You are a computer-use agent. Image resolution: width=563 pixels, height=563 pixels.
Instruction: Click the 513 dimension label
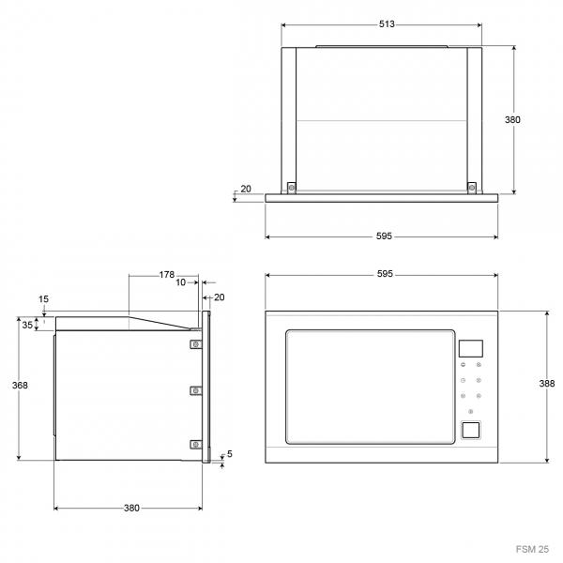pos(387,24)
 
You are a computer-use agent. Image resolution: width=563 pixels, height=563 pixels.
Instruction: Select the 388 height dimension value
pos(547,384)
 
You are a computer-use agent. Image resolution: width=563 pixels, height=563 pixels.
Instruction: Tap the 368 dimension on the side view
pos(20,386)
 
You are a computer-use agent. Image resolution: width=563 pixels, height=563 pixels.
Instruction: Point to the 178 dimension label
pos(167,275)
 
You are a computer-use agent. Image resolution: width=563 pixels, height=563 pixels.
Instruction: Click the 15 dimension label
pos(43,299)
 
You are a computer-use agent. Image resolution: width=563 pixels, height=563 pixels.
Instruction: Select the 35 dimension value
pos(27,325)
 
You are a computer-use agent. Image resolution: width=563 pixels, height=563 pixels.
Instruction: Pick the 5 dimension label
pos(230,454)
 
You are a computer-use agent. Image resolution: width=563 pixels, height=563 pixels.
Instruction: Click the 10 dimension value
pos(180,282)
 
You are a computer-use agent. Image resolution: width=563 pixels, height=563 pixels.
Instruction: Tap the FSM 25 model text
pos(532,549)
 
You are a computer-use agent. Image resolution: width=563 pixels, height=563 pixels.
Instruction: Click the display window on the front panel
pos(471,349)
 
